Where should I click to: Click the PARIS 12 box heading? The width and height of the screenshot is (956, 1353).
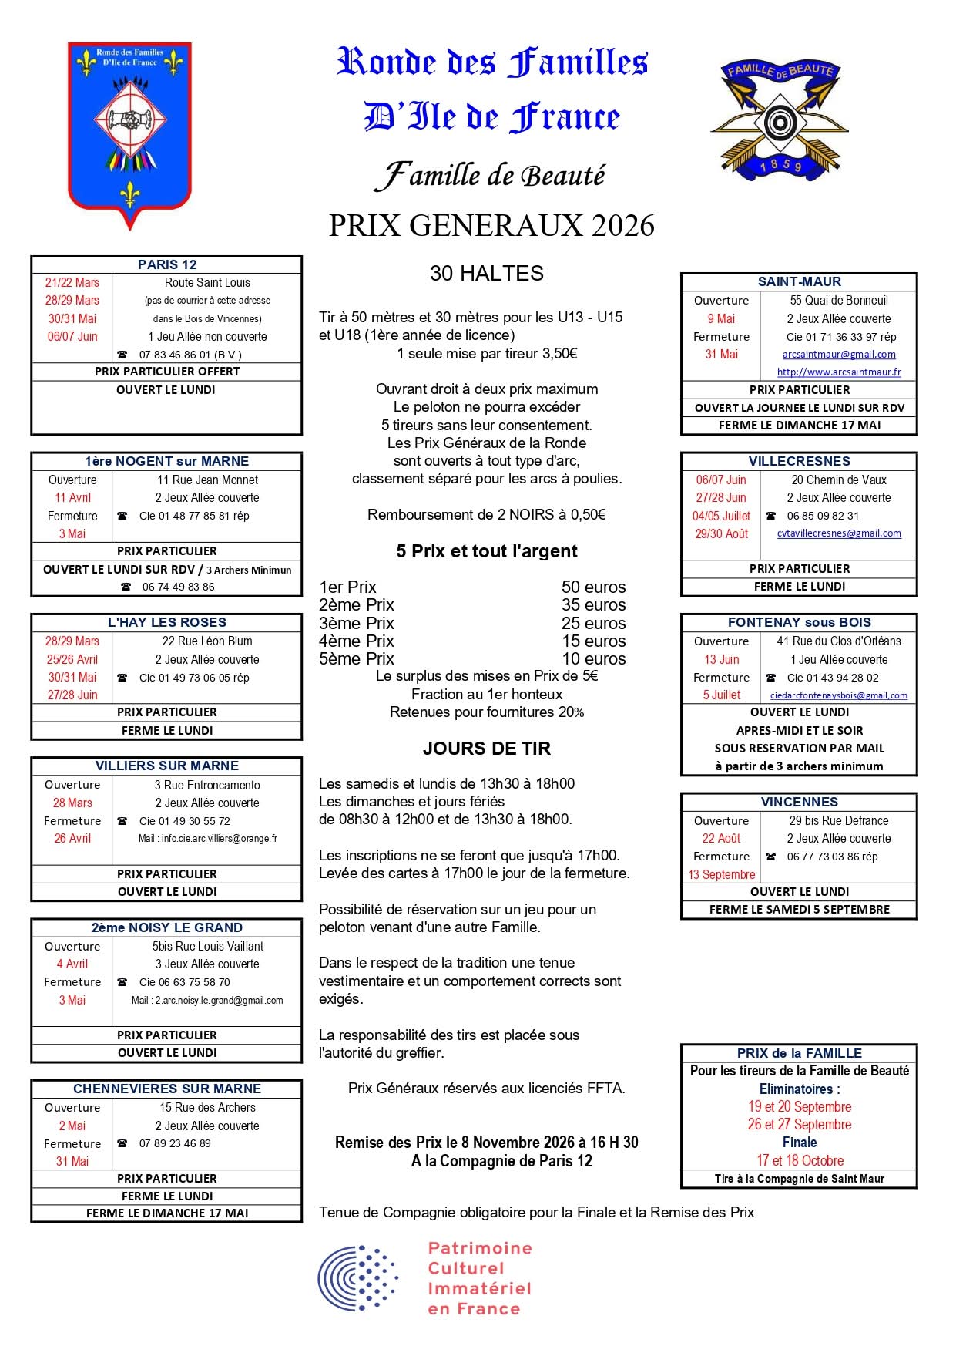point(167,264)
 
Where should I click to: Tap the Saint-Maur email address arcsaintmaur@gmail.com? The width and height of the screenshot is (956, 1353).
point(838,355)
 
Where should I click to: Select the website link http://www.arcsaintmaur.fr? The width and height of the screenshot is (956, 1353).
point(838,372)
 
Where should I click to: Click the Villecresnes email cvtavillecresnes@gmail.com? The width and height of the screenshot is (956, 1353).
point(838,533)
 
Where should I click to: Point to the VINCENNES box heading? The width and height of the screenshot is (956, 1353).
point(799,802)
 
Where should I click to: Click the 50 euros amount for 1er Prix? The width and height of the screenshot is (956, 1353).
point(593,587)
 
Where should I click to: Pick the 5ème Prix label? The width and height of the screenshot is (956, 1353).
point(357,659)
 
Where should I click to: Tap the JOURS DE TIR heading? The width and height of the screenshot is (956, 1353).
point(486,749)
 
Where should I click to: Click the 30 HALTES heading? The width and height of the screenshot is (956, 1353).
point(486,274)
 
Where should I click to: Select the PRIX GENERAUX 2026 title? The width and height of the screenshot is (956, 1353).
point(491,225)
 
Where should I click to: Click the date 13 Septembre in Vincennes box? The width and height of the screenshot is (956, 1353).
point(722,874)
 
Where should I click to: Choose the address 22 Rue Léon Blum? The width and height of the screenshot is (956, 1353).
point(206,641)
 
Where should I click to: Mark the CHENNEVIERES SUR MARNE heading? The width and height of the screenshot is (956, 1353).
point(167,1089)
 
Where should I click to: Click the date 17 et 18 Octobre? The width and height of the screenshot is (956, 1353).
point(800,1160)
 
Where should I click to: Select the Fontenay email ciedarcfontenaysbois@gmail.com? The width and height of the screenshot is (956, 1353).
point(838,695)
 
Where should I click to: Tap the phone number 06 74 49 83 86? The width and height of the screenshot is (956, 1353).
point(178,587)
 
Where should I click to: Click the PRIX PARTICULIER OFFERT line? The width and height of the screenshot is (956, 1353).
point(167,372)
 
